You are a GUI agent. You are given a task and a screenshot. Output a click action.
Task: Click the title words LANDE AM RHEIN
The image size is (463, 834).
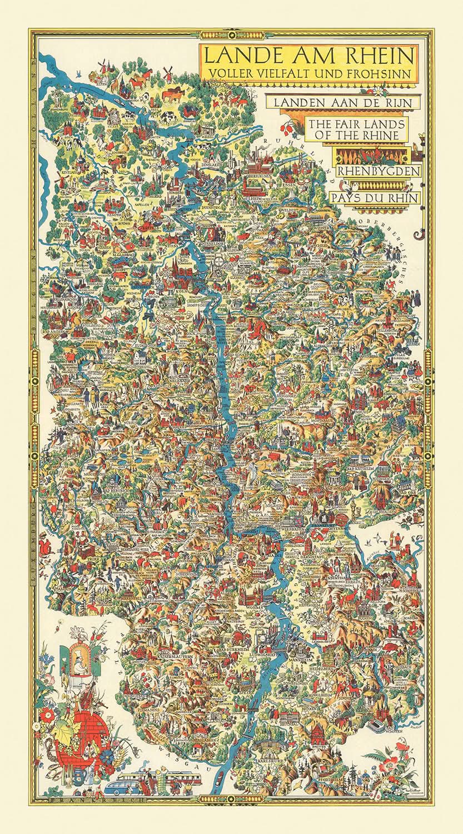tap(309, 56)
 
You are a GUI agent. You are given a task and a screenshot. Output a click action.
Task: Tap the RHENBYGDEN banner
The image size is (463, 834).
tap(378, 171)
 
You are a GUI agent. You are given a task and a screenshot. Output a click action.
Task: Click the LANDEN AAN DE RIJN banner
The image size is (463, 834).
tap(343, 103)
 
